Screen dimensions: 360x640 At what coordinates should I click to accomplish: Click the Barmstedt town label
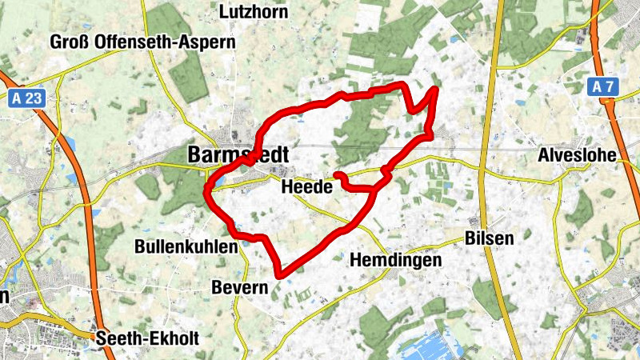pyautogui.click(x=238, y=154)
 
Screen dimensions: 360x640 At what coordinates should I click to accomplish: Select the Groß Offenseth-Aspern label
pyautogui.click(x=143, y=41)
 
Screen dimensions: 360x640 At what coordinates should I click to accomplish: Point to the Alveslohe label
pyautogui.click(x=578, y=155)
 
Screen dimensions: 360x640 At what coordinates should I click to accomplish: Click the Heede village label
pyautogui.click(x=307, y=187)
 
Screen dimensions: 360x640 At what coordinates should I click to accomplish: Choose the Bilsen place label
pyautogui.click(x=489, y=238)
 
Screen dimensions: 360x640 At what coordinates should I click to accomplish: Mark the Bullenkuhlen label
pyautogui.click(x=186, y=246)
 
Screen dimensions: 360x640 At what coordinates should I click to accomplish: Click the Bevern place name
pyautogui.click(x=239, y=286)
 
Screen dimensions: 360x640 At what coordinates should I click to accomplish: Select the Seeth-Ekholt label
pyautogui.click(x=147, y=338)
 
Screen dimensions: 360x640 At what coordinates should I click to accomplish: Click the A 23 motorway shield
pyautogui.click(x=29, y=99)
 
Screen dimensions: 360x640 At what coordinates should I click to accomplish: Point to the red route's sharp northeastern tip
pyautogui.click(x=435, y=89)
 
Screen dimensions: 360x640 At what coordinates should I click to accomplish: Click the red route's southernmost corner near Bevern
pyautogui.click(x=279, y=276)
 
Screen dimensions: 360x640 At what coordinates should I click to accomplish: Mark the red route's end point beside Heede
pyautogui.click(x=337, y=174)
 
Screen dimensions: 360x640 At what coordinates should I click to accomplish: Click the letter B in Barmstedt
pyautogui.click(x=194, y=154)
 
